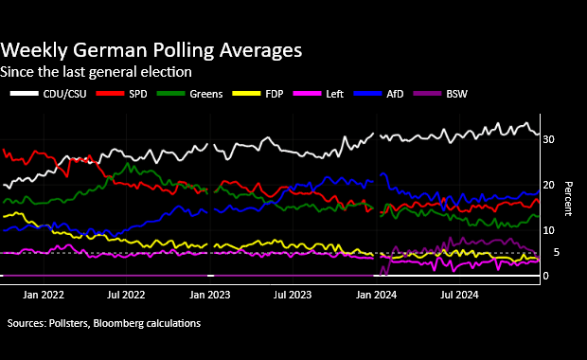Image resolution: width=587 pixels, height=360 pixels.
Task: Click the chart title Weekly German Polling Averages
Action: click(x=151, y=50)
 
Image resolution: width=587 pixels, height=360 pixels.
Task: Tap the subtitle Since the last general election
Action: click(x=96, y=72)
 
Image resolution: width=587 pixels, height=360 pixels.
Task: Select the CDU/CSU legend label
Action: click(x=64, y=94)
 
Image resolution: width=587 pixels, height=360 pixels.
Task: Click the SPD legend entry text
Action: click(x=138, y=94)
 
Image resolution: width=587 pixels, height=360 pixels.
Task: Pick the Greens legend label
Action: click(x=205, y=94)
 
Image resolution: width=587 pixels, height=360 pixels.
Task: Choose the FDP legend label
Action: click(x=275, y=94)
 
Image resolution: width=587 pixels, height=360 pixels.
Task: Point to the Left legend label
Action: click(x=334, y=94)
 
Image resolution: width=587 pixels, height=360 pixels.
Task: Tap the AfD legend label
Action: click(x=395, y=94)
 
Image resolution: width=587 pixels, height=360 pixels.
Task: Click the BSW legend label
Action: click(x=456, y=94)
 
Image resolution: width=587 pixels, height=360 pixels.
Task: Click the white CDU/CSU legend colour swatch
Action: click(x=25, y=93)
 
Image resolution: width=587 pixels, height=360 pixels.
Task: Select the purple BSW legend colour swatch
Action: click(x=428, y=93)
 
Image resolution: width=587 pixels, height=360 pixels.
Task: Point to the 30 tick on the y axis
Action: click(x=548, y=139)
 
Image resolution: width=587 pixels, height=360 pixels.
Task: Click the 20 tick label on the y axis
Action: click(x=548, y=185)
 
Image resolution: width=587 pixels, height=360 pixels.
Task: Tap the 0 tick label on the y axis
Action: click(x=546, y=276)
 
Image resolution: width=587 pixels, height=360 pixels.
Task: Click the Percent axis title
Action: click(x=568, y=199)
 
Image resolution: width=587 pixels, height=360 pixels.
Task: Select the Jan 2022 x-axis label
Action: click(x=44, y=296)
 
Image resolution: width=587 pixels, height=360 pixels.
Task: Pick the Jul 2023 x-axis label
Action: click(x=293, y=296)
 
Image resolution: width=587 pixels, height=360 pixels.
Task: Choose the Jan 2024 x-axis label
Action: click(x=376, y=296)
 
